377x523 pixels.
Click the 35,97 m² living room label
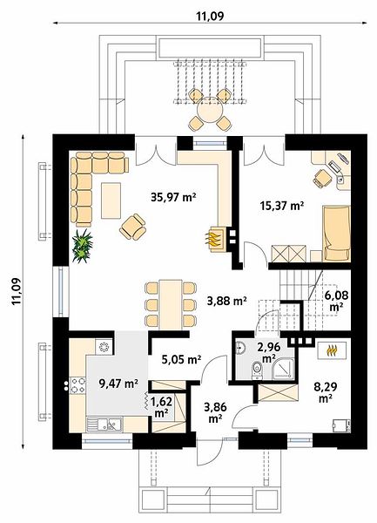pyautogui.click(x=173, y=198)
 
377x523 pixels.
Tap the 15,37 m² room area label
pyautogui.click(x=282, y=206)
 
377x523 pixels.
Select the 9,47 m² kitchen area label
pyautogui.click(x=118, y=384)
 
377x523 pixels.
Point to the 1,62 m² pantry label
pyautogui.click(x=161, y=407)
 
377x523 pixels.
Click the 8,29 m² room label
pyautogui.click(x=325, y=392)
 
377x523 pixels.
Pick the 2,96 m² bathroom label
pyautogui.click(x=269, y=353)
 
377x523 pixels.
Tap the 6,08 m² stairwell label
pyautogui.click(x=336, y=301)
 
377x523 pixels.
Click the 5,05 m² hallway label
pyautogui.click(x=181, y=359)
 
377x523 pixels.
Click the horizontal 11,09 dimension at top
pyautogui.click(x=210, y=16)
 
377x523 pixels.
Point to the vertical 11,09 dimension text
pyautogui.click(x=17, y=290)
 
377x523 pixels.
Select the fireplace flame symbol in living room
pyautogui.click(x=213, y=238)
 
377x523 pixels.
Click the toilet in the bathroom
pyautogui.click(x=257, y=370)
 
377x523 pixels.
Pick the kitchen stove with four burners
pyautogui.click(x=78, y=384)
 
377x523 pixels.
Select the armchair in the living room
pyautogui.click(x=133, y=227)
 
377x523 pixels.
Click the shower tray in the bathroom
pyautogui.click(x=284, y=370)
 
